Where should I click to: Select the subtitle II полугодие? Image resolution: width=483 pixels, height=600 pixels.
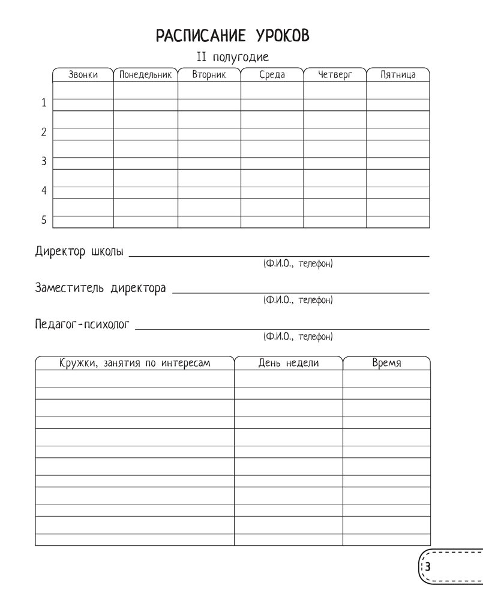click(x=233, y=58)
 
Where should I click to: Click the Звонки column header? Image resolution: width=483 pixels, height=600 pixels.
click(x=83, y=75)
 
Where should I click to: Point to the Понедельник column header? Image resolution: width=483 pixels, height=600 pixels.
click(x=145, y=75)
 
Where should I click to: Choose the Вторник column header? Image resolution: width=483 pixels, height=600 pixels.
click(x=209, y=75)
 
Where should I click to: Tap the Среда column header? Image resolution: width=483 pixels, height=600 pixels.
click(x=272, y=75)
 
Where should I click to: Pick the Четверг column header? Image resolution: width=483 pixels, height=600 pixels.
click(x=335, y=75)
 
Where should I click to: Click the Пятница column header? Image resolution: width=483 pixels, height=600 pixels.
click(x=398, y=75)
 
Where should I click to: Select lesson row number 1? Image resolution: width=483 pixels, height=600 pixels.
click(x=43, y=103)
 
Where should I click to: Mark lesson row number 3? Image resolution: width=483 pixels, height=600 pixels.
click(x=43, y=161)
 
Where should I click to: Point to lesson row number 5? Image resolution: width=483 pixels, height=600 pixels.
click(x=43, y=220)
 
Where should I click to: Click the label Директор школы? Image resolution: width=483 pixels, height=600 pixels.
click(x=79, y=252)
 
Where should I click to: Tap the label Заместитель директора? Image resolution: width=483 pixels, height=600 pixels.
click(x=100, y=289)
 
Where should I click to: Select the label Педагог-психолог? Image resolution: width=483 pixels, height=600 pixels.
click(x=82, y=325)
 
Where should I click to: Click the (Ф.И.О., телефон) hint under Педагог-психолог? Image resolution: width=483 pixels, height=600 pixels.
click(x=298, y=337)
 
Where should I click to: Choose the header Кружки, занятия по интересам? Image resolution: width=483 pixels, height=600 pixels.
click(x=134, y=363)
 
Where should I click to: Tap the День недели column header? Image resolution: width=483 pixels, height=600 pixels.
click(x=289, y=363)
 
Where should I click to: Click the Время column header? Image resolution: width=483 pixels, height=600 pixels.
click(x=386, y=363)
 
